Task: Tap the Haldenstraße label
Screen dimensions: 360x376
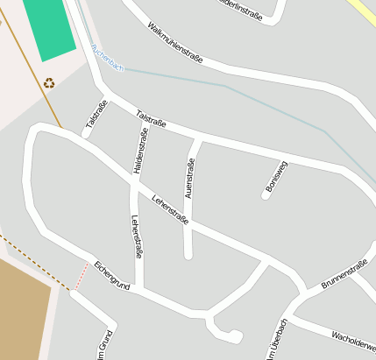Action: pos(140,151)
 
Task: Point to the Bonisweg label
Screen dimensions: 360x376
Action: pos(276,177)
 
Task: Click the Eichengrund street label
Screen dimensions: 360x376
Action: pos(112,275)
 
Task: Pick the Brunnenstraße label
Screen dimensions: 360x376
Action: pos(344,274)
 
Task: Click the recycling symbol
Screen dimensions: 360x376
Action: pos(49,83)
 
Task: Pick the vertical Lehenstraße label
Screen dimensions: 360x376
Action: pos(137,236)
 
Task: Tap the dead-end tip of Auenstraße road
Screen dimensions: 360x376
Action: pos(188,255)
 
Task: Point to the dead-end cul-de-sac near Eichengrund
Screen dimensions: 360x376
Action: pos(235,335)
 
